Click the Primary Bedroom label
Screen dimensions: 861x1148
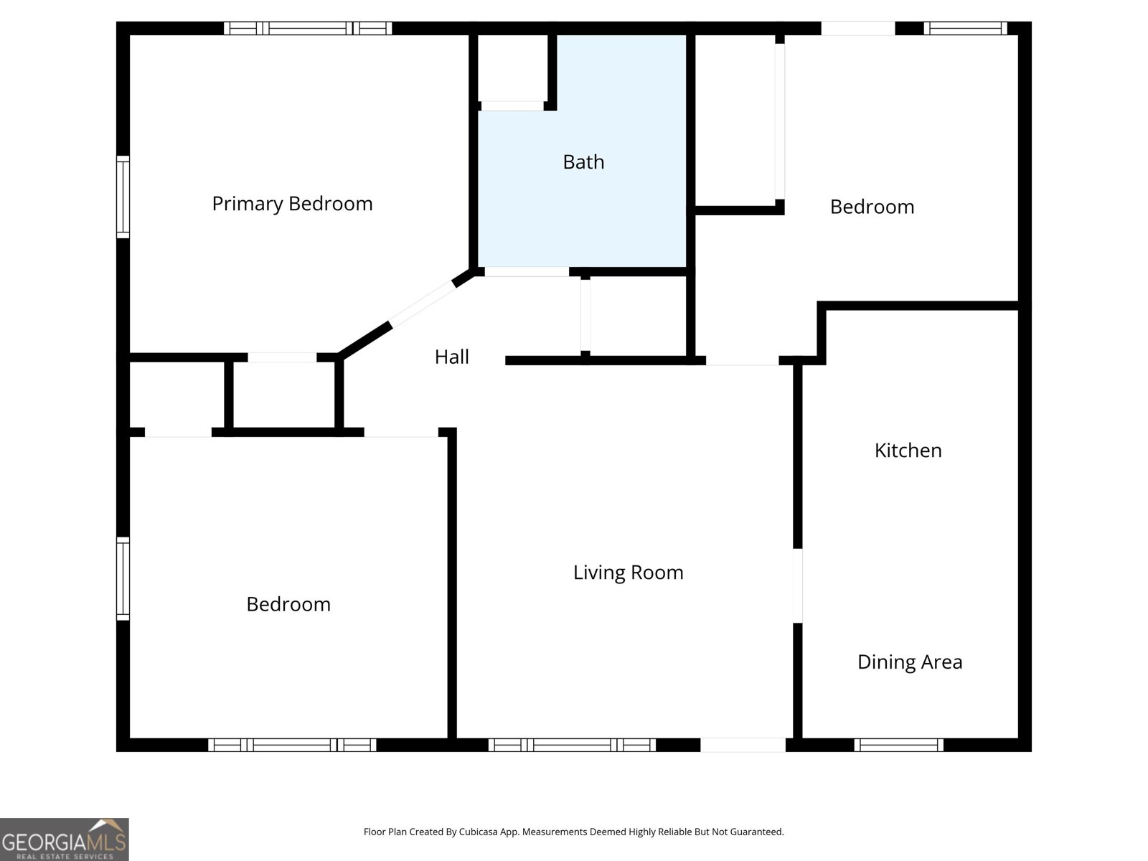(292, 204)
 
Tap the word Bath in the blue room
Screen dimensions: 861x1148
(583, 162)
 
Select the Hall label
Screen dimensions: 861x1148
(451, 357)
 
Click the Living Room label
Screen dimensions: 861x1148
(628, 573)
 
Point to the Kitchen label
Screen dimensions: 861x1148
(908, 451)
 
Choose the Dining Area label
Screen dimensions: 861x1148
(909, 662)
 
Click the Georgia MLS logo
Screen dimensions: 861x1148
(64, 839)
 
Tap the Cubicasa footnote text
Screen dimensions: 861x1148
(573, 832)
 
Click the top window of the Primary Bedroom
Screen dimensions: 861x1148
(308, 29)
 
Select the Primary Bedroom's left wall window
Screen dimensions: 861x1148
(123, 197)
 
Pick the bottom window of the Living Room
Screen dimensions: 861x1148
(572, 745)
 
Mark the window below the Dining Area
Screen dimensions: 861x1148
(898, 745)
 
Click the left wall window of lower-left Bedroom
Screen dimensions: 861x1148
(123, 578)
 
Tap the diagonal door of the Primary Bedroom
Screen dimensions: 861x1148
(422, 304)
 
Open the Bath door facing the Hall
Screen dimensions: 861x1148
(527, 272)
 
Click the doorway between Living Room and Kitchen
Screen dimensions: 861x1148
(797, 585)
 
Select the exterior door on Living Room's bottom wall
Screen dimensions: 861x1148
(743, 745)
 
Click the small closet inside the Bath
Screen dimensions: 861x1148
(513, 69)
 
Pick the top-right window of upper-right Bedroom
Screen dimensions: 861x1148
(964, 29)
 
